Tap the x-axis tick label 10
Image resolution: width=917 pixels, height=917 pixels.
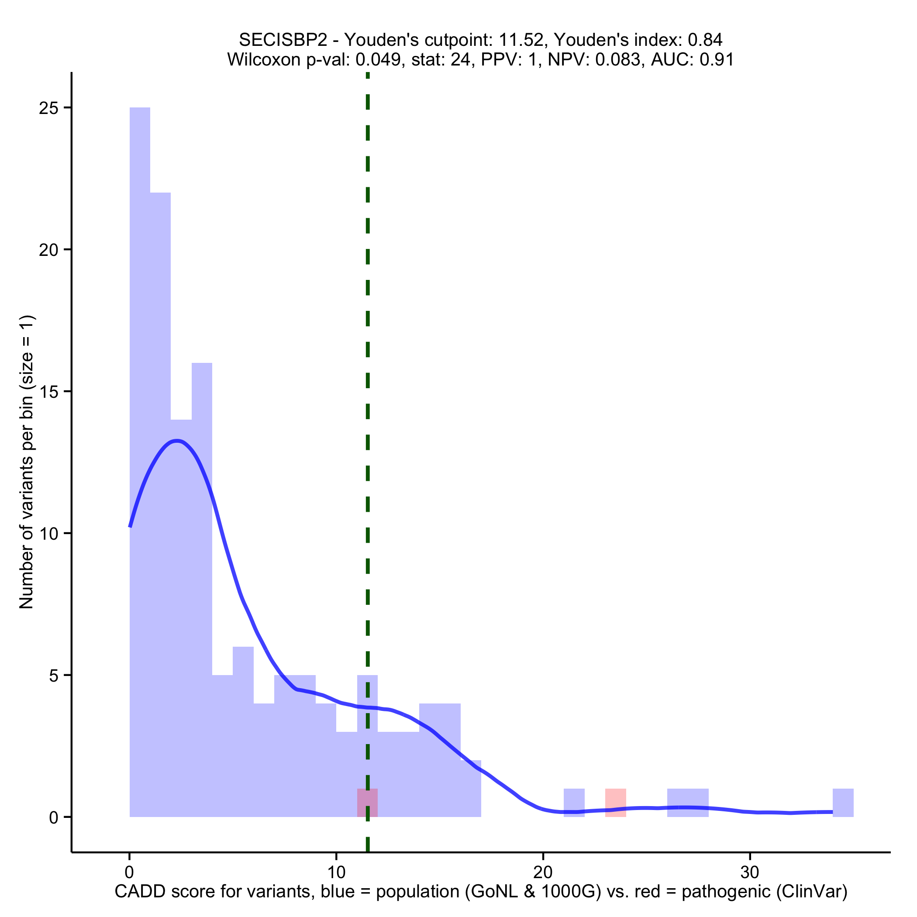coord(336,873)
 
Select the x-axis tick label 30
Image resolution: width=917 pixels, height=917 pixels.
coord(750,873)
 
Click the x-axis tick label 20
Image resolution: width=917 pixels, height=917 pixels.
coord(543,873)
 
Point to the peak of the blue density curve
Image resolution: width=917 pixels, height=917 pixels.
coord(176,441)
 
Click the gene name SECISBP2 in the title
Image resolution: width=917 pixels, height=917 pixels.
coord(283,40)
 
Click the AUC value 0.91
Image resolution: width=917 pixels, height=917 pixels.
coord(717,60)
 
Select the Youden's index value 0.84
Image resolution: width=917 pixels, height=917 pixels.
coord(705,40)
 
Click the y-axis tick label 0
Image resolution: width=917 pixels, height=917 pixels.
coord(54,818)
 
